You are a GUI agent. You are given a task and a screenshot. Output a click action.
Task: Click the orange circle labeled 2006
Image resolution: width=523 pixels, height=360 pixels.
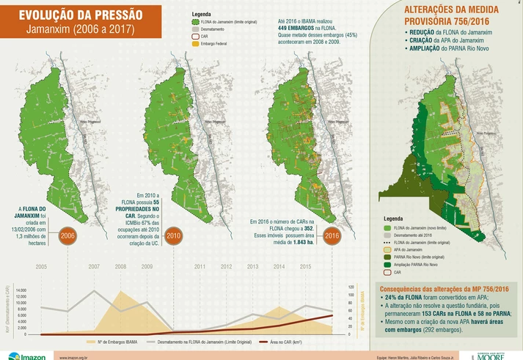67,236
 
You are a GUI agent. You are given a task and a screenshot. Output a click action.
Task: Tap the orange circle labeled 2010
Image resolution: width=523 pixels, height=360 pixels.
173,236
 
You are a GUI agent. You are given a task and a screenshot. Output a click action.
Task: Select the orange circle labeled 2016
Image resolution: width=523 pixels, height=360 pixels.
332,236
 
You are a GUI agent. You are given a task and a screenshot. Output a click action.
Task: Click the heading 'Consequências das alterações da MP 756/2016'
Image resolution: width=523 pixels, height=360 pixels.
447,289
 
